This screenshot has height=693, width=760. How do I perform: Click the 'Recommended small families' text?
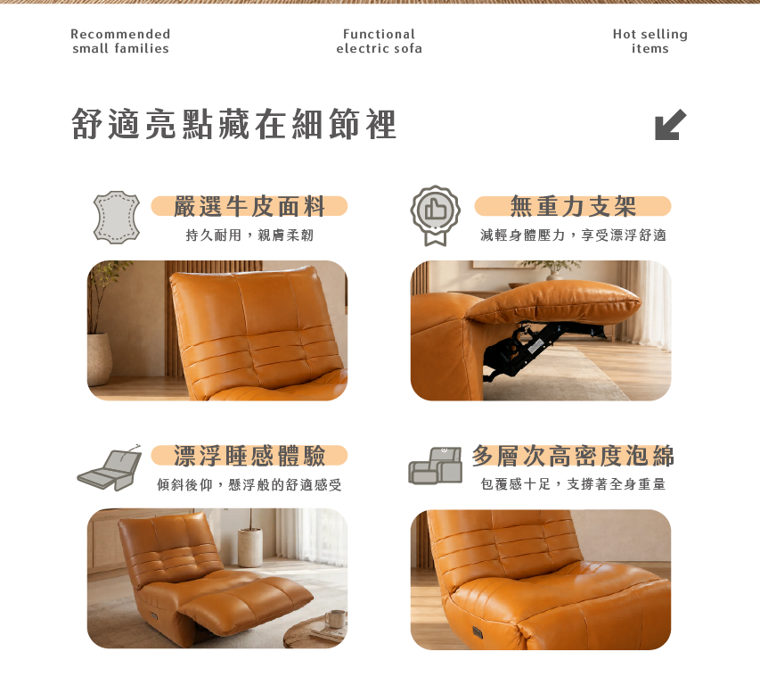point(120,41)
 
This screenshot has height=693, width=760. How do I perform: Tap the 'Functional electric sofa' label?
point(379,41)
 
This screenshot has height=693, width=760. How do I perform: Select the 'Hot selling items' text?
point(650,41)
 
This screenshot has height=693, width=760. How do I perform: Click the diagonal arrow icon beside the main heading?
point(670,125)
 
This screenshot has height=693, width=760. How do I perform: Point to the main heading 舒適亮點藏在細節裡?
point(234,124)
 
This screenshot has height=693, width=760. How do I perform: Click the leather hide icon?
point(117,217)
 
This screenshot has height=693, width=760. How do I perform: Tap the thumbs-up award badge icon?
point(436,215)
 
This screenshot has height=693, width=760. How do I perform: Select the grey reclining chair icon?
point(110,467)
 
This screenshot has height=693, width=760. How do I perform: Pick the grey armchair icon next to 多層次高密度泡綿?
point(436,466)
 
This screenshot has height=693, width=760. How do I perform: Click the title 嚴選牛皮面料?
point(249,206)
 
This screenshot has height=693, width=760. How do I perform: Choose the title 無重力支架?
point(572,206)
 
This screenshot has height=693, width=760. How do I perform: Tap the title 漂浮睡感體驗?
point(249,455)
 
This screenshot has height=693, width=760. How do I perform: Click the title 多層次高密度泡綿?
point(573,455)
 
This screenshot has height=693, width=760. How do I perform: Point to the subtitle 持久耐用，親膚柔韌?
point(249,235)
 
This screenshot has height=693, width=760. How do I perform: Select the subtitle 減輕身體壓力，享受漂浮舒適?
point(574,235)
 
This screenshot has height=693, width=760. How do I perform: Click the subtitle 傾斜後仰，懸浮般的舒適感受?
point(249,484)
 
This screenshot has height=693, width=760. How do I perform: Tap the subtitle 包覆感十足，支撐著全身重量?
point(573,483)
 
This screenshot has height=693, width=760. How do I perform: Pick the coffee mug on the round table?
point(335,619)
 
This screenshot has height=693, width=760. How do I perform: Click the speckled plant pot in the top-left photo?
point(100,359)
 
